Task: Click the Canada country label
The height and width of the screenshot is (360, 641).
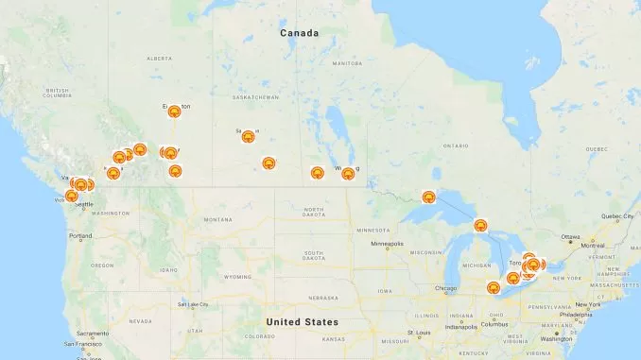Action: (x=299, y=33)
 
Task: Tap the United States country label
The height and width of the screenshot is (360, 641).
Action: (x=299, y=321)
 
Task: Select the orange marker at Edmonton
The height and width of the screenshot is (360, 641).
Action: (x=175, y=111)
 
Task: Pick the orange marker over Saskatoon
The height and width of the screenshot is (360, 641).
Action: (x=248, y=137)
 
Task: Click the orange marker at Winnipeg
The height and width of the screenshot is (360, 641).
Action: (x=348, y=173)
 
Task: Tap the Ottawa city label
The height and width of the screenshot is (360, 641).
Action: (x=570, y=236)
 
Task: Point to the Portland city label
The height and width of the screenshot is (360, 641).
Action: (x=80, y=235)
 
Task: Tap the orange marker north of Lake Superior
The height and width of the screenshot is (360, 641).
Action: (x=428, y=197)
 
